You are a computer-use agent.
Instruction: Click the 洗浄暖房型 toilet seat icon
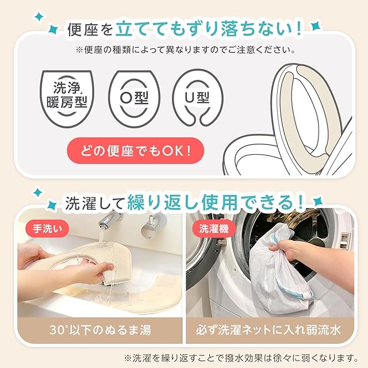click(67, 98)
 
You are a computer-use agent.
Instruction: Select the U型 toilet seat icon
click(197, 98)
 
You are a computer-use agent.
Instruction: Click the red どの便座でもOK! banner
click(136, 151)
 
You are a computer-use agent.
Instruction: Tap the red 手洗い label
click(47, 229)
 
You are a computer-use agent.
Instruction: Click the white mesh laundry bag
click(279, 270)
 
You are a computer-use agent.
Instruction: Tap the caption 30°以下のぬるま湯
click(100, 330)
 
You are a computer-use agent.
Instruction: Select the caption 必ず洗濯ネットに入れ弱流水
click(268, 330)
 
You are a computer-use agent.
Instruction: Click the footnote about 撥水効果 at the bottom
click(241, 358)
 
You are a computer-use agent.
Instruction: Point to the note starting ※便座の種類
click(185, 50)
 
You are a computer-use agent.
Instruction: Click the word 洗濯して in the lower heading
click(94, 203)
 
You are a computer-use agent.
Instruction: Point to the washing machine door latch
click(220, 241)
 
